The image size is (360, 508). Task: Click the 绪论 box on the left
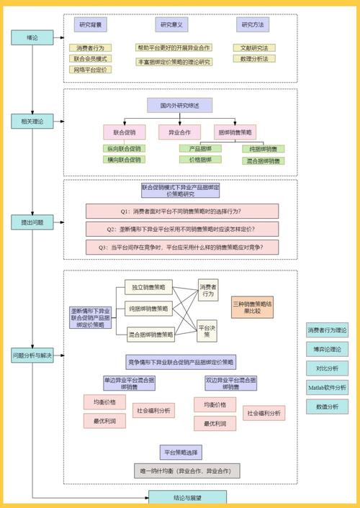(x=32, y=37)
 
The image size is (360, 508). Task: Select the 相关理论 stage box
(x=32, y=122)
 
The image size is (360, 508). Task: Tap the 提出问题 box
(x=32, y=223)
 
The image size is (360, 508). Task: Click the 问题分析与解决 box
(x=32, y=355)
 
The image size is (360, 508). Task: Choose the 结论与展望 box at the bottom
(x=188, y=496)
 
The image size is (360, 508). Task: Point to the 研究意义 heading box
(x=172, y=25)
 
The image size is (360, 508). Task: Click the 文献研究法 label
(x=254, y=47)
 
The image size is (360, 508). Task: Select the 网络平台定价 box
(x=90, y=70)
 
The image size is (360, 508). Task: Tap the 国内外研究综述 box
(x=179, y=106)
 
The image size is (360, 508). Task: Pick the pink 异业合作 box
(x=179, y=132)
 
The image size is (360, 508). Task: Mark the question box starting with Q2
(x=182, y=229)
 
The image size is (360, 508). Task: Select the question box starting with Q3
(x=182, y=247)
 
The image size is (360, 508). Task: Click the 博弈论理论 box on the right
(x=327, y=349)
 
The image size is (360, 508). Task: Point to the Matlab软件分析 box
(x=327, y=387)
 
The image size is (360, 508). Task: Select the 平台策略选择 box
(x=181, y=453)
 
